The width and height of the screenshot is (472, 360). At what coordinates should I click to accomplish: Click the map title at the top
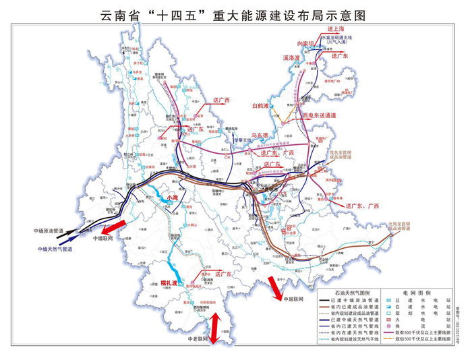(x=235, y=13)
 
